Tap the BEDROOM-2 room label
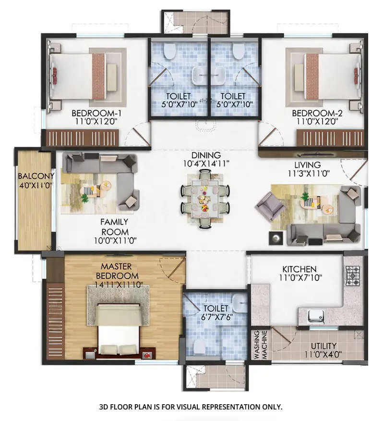point(318,113)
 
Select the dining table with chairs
point(205,198)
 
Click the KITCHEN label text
point(299,269)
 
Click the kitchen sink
point(315,316)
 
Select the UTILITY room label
point(323,346)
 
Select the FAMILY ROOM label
point(114,227)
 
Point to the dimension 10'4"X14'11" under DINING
point(206,164)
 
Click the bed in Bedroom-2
point(331,76)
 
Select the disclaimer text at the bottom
point(191,407)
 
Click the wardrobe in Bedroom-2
point(330,138)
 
